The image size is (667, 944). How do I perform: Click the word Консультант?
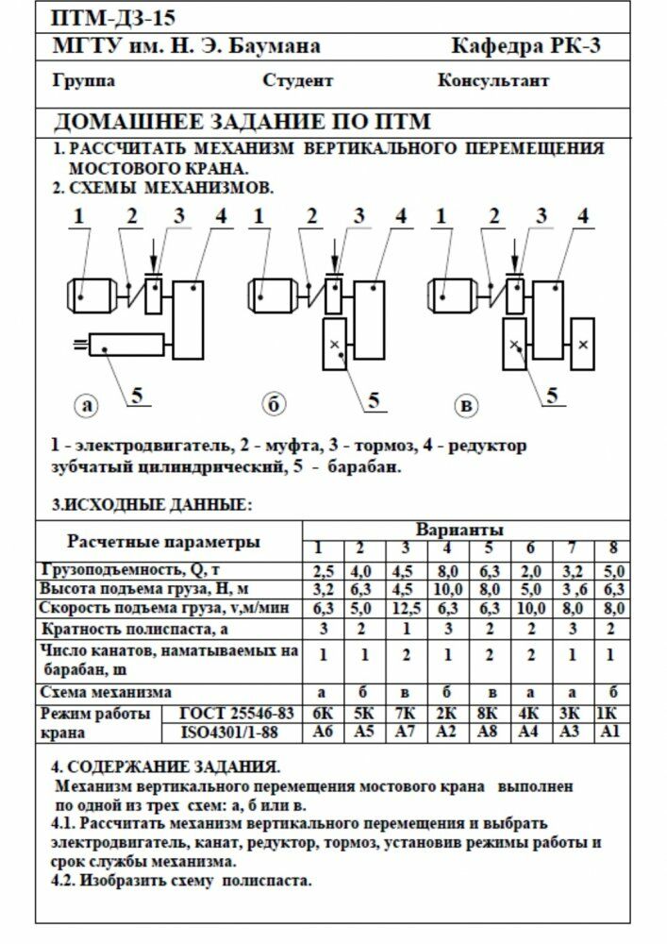pyautogui.click(x=492, y=80)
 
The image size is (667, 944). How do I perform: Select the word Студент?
pyautogui.click(x=297, y=80)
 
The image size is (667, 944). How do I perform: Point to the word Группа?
pyautogui.click(x=84, y=80)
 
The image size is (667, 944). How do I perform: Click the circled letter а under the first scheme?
pyautogui.click(x=88, y=405)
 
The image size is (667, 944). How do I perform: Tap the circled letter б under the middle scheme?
pyautogui.click(x=274, y=405)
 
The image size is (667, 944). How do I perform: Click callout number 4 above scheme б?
pyautogui.click(x=401, y=216)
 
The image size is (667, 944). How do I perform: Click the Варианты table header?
pyautogui.click(x=459, y=529)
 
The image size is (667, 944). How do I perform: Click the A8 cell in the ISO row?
pyautogui.click(x=488, y=733)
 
